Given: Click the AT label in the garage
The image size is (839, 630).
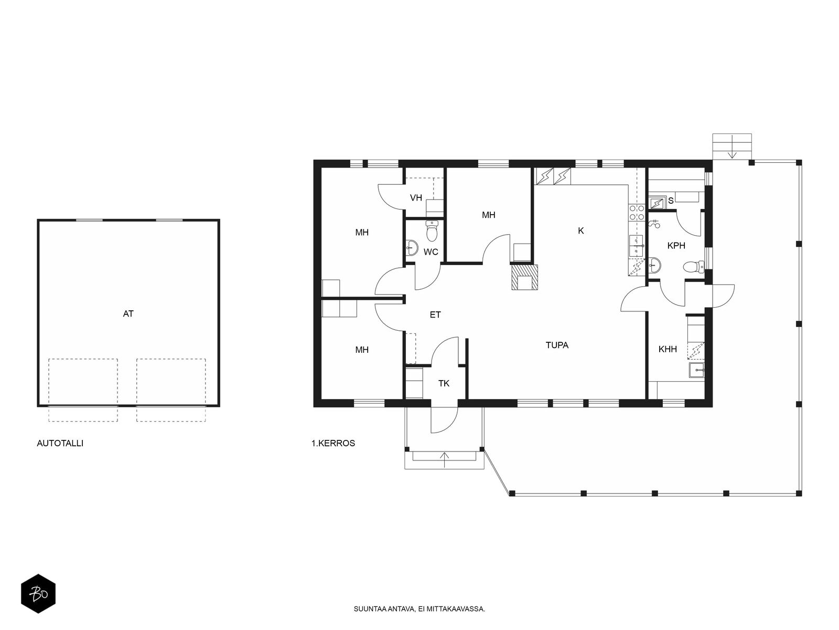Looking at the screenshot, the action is pyautogui.click(x=128, y=313).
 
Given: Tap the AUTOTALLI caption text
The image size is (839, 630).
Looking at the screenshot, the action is pyautogui.click(x=60, y=443).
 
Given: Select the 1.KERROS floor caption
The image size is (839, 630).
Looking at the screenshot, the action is pyautogui.click(x=334, y=443).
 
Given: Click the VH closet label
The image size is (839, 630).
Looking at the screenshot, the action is pyautogui.click(x=416, y=198).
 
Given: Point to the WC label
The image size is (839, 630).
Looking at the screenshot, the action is pyautogui.click(x=431, y=252).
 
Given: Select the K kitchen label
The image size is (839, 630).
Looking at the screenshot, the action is pyautogui.click(x=581, y=230).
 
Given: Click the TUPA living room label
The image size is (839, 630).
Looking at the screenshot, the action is pyautogui.click(x=557, y=345).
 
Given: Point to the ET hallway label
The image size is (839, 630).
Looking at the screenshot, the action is pyautogui.click(x=435, y=315).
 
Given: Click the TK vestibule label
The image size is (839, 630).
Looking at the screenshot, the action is pyautogui.click(x=444, y=383).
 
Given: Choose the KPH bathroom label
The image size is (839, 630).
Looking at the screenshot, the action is pyautogui.click(x=676, y=246).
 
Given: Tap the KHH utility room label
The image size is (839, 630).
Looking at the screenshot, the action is pyautogui.click(x=668, y=349).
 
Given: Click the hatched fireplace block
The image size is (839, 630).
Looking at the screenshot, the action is pyautogui.click(x=525, y=277).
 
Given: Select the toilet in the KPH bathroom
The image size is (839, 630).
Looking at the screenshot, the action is pyautogui.click(x=694, y=267).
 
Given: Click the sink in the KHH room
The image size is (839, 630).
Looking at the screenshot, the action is pyautogui.click(x=697, y=370).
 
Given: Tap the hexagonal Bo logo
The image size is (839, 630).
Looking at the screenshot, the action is pyautogui.click(x=38, y=594).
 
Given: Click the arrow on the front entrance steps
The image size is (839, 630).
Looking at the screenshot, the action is pyautogui.click(x=445, y=460).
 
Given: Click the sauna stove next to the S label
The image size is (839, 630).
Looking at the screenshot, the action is pyautogui.click(x=657, y=202).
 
